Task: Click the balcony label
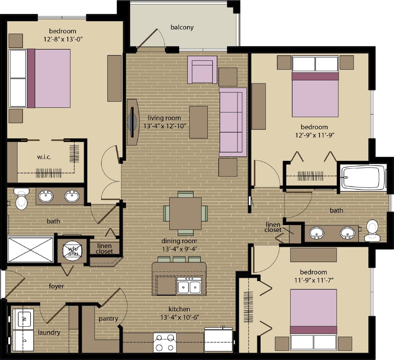pos(182,27)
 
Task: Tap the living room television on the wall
pos(132,122)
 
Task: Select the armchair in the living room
pos(202,70)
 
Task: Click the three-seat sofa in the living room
pos(232,122)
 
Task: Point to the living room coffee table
pos(198,122)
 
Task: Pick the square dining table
pos(185,214)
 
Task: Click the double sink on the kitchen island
pos(189,287)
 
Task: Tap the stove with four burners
pos(165,343)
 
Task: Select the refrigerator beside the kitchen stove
pos(218,340)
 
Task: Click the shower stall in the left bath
pos(31,250)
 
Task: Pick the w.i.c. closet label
pos(45,157)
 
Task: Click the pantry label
pos(108,319)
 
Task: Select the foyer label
pos(56,286)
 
